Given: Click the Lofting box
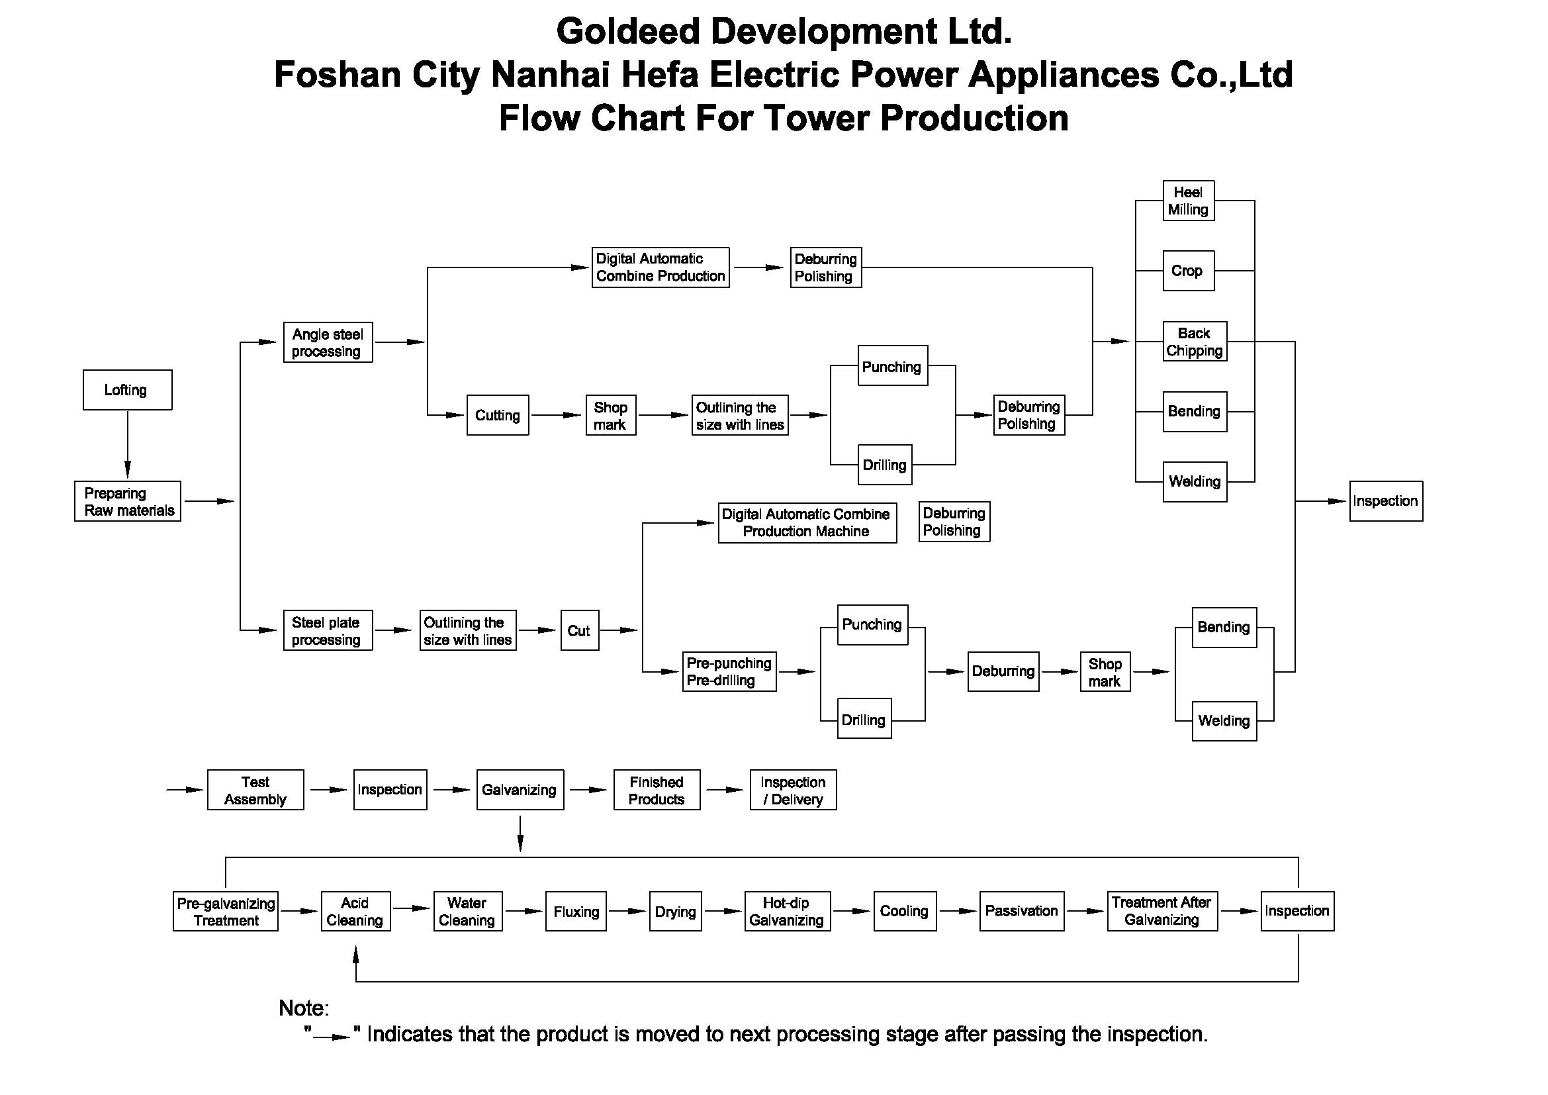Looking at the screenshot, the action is click(128, 390).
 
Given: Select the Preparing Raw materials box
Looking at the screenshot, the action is click(128, 501).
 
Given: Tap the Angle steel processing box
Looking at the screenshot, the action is click(328, 342).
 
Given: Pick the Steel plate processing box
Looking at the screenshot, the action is click(328, 630).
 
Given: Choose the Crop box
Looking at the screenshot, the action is click(1188, 271).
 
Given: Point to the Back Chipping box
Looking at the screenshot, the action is click(1195, 341).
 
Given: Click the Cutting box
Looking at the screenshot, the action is click(498, 415).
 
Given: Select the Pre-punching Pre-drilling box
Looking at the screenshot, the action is click(729, 671).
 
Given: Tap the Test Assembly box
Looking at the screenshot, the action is click(255, 790).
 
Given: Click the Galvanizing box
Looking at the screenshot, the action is click(520, 790).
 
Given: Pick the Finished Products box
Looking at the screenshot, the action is click(657, 790).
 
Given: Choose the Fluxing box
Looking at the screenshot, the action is click(576, 912).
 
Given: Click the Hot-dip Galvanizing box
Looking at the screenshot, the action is click(788, 912).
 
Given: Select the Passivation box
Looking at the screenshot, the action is click(1021, 912).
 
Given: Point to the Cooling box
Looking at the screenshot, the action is click(905, 912).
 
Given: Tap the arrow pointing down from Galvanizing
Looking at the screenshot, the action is click(520, 834).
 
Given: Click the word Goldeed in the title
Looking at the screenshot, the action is click(628, 31).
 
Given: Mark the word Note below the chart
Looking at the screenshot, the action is click(302, 1008).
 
